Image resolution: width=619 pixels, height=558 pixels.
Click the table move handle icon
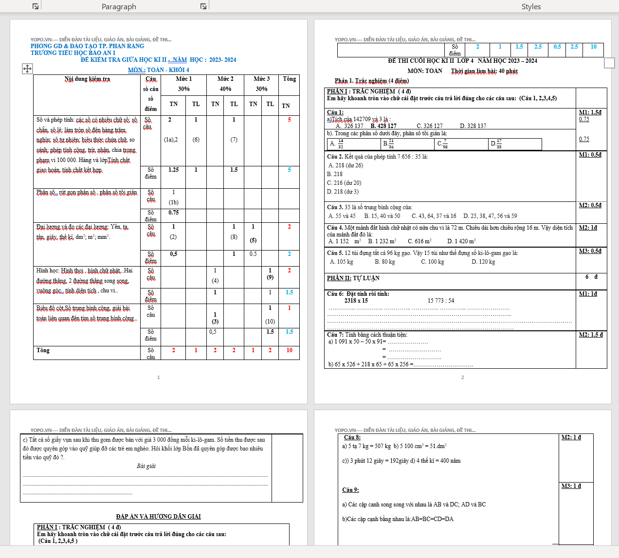click(27, 69)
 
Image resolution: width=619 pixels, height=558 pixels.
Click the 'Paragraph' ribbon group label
click(119, 6)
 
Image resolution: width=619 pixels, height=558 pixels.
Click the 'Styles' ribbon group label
click(531, 6)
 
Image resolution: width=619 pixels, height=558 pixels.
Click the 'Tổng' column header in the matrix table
click(289, 79)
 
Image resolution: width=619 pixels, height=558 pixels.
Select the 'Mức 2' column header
click(225, 79)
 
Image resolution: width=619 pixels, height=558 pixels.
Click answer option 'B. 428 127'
click(383, 126)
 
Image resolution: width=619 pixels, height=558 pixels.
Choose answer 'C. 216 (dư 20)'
click(344, 183)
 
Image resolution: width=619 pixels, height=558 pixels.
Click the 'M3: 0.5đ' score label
click(590, 251)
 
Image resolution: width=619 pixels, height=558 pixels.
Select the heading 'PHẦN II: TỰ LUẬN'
click(353, 278)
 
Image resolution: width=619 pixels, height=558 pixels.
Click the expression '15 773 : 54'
click(441, 301)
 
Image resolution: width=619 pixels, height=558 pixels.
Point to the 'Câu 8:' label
click(352, 437)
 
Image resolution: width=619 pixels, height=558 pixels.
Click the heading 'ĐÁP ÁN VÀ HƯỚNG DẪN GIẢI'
click(158, 517)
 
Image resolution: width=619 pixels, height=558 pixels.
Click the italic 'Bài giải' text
click(146, 466)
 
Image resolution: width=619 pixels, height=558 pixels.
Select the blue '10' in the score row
click(593, 47)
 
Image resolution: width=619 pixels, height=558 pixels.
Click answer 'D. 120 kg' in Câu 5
click(483, 262)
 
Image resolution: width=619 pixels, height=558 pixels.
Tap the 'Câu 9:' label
click(350, 490)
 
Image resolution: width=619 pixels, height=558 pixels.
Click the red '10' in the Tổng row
click(289, 350)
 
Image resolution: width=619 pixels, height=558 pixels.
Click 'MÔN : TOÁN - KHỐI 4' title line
click(159, 70)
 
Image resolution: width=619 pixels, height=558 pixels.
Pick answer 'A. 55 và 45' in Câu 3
click(342, 216)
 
